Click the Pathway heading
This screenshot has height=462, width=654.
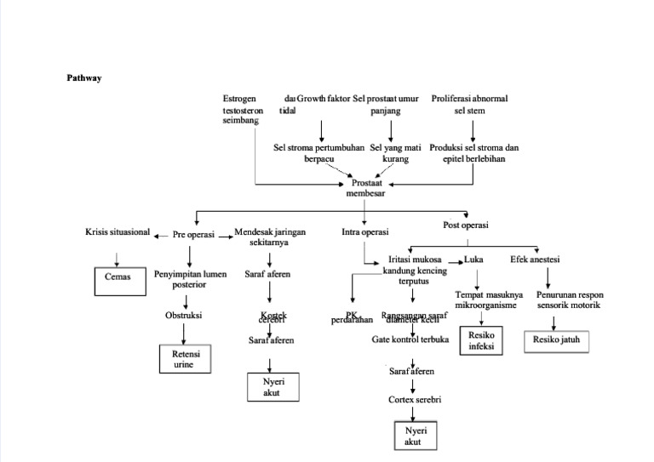pos(84,77)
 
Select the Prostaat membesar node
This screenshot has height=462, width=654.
pos(365,188)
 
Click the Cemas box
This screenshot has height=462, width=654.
pos(118,277)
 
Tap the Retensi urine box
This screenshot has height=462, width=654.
pos(185,358)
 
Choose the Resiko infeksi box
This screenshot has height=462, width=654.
pos(481,340)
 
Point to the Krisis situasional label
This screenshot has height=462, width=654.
pos(118,231)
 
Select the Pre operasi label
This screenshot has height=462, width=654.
pos(193,235)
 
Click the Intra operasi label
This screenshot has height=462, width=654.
pos(365,231)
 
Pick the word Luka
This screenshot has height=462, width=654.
pos(473,259)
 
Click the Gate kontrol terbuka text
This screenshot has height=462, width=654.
pos(410,339)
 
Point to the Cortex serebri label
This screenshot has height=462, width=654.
pos(415,399)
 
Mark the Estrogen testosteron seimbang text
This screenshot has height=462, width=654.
pos(243,110)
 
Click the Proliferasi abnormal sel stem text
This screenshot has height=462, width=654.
pos(469,104)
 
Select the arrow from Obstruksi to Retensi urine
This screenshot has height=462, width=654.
pos(185,332)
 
